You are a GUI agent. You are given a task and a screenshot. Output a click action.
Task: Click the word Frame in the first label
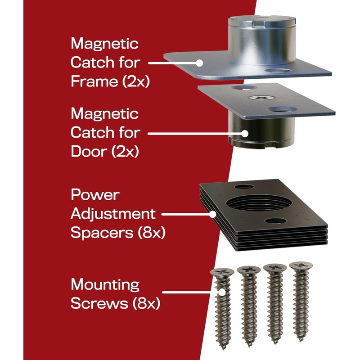tap(94, 81)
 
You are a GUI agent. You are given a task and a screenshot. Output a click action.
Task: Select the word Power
tap(95, 195)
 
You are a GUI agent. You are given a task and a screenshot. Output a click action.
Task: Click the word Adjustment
tap(113, 214)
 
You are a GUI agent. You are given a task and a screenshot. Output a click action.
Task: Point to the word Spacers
tap(102, 233)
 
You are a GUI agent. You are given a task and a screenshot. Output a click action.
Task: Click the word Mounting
tap(105, 285)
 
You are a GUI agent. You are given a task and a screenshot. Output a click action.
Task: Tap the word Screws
tap(99, 303)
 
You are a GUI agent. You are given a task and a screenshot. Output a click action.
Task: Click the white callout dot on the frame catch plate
tap(199, 63)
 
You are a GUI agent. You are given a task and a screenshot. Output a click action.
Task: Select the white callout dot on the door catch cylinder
tap(245, 133)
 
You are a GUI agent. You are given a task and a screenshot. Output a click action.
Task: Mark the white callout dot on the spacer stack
tap(213, 214)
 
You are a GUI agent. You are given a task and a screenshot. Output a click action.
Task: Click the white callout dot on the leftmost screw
tap(222, 292)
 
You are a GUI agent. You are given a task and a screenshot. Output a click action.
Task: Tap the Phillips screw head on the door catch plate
tap(262, 98)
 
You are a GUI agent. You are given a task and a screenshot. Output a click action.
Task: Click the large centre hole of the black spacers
tap(259, 203)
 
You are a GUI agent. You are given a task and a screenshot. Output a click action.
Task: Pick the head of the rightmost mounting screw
tap(301, 266)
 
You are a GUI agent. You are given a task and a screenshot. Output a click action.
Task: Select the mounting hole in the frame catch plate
tap(277, 70)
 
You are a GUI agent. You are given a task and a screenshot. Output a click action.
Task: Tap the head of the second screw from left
tap(249, 270)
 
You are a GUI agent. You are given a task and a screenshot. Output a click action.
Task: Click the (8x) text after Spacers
tap(152, 233)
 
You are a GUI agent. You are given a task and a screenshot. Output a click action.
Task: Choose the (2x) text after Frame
tap(136, 82)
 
